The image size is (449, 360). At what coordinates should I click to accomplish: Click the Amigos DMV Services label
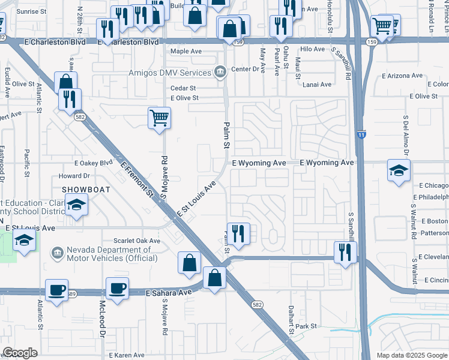pyautogui.click(x=170, y=73)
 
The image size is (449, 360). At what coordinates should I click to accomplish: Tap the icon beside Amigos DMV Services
pyautogui.click(x=220, y=73)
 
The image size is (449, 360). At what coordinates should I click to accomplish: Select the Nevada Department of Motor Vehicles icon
pyautogui.click(x=58, y=253)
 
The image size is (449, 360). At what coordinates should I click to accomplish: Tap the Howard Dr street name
pyautogui.click(x=74, y=176)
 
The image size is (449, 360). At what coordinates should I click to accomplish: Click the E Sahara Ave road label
pyautogui.click(x=169, y=292)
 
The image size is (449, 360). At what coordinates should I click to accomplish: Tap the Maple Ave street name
pyautogui.click(x=186, y=52)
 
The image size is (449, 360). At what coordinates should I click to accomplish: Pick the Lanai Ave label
pyautogui.click(x=316, y=85)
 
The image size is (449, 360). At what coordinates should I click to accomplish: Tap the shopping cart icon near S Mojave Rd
pyautogui.click(x=159, y=118)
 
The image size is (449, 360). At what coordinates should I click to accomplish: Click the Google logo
pyautogui.click(x=20, y=353)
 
